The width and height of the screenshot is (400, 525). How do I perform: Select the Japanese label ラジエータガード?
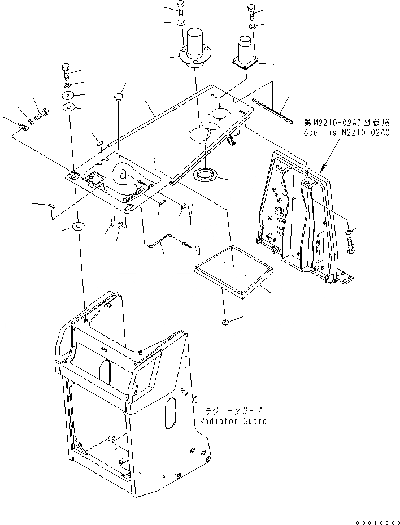pyautogui.click(x=232, y=412)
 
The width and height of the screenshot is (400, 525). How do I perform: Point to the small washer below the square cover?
pyautogui.click(x=225, y=322)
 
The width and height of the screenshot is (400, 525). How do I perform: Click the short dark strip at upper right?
pyautogui.click(x=272, y=111)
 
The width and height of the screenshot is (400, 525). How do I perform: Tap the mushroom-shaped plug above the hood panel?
pyautogui.click(x=119, y=98)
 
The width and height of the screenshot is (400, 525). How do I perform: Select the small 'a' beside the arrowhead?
pyautogui.click(x=197, y=249)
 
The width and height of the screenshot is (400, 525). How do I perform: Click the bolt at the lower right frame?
pyautogui.click(x=349, y=245)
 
